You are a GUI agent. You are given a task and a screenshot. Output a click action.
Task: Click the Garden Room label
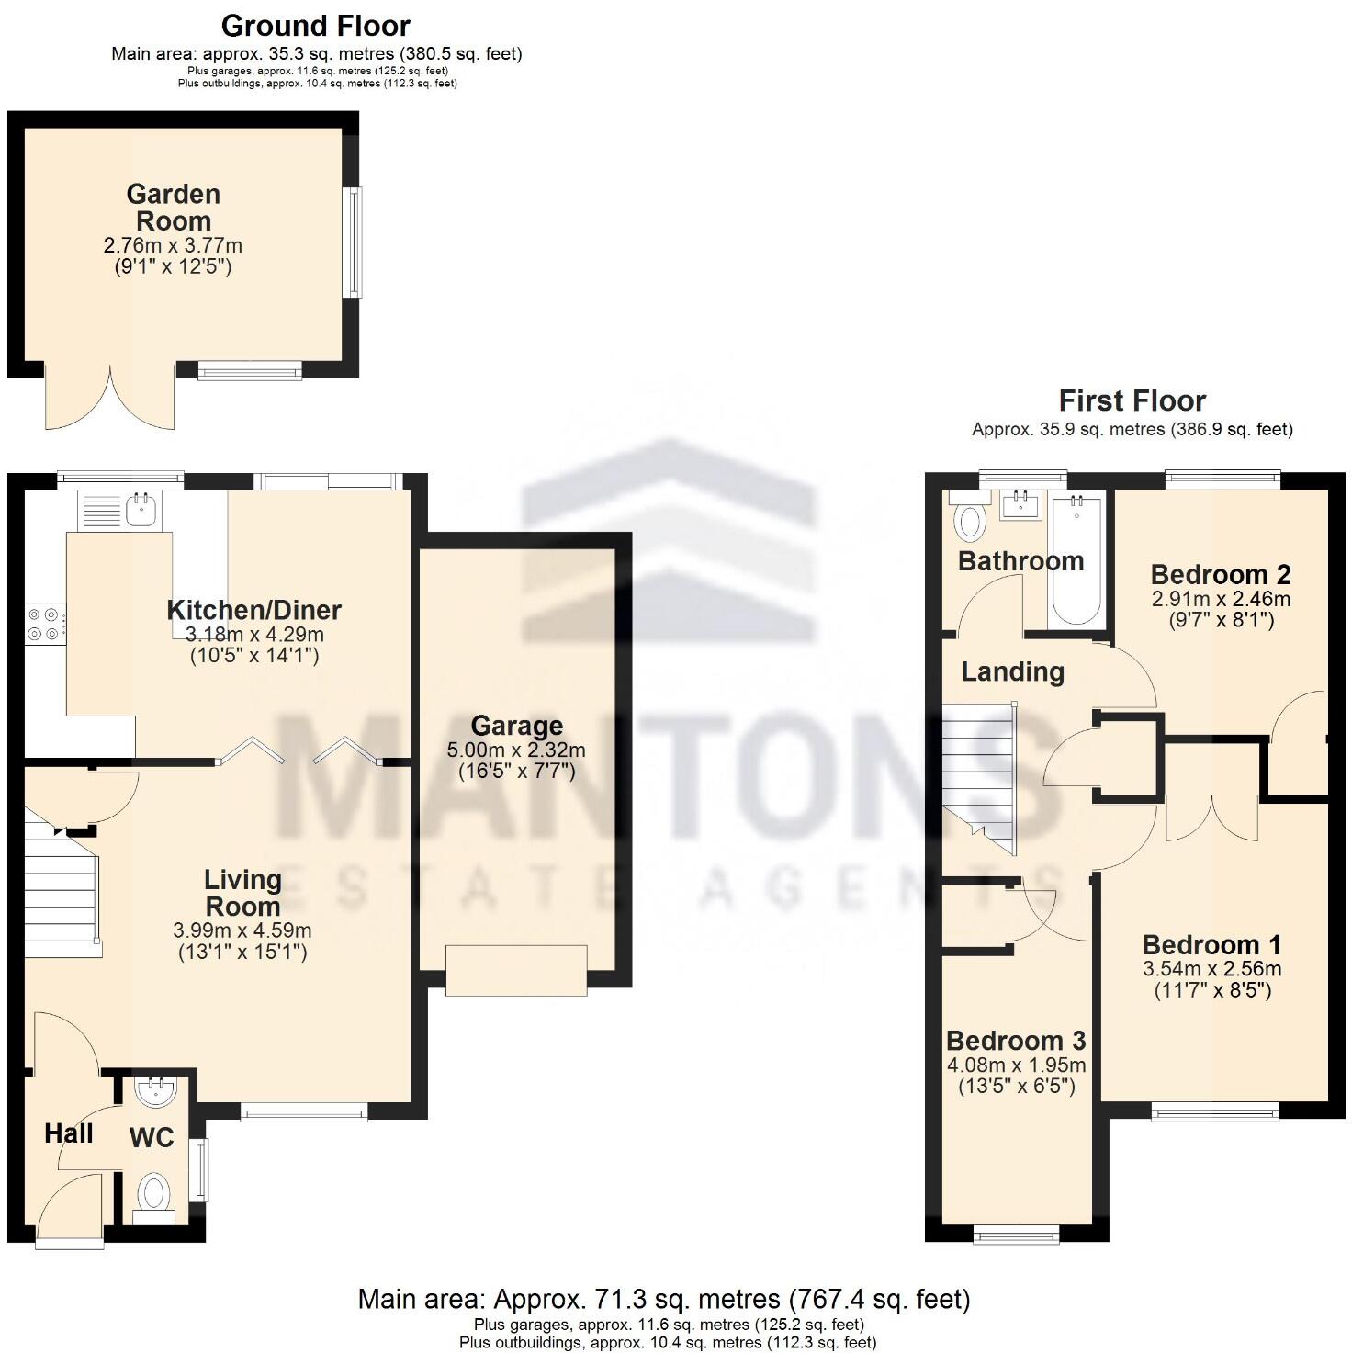coord(174,208)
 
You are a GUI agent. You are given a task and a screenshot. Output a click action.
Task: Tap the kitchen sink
coord(140,509)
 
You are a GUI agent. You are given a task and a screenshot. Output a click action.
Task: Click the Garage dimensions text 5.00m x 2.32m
coord(516,750)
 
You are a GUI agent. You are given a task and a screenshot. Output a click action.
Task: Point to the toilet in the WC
coord(153,1196)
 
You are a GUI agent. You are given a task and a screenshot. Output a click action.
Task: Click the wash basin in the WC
coord(154,1092)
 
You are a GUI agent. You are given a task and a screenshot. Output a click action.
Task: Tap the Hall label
coord(69,1133)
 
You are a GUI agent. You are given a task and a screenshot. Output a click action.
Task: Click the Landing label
coord(1012,671)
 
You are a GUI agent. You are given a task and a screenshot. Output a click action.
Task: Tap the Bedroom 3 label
coord(1016,1041)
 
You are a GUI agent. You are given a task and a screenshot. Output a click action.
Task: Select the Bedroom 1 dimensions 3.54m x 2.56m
coord(1211,968)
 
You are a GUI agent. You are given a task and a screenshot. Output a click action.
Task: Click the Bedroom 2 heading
coord(1221,575)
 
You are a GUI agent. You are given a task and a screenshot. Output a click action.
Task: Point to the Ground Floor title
coord(316,25)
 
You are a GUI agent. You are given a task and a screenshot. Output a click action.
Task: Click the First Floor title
coord(1132,400)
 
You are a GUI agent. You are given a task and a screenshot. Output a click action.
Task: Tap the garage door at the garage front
coord(516,970)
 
